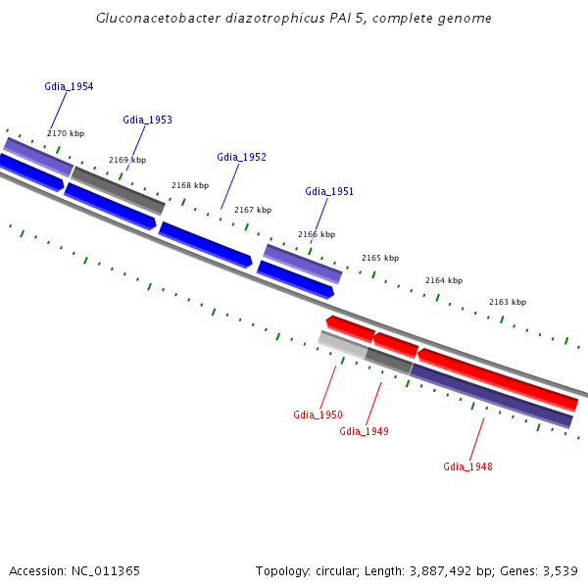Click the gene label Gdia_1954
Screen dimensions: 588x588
[69, 86]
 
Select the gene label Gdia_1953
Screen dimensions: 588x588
[147, 120]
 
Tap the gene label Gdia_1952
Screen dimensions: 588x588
[241, 157]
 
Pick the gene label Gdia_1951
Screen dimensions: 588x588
[329, 191]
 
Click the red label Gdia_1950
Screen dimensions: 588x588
[318, 415]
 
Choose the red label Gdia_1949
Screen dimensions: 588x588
[364, 431]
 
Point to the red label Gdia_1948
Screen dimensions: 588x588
[467, 466]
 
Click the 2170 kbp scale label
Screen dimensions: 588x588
[66, 133]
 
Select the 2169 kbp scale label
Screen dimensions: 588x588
[127, 160]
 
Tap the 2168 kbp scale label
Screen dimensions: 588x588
[190, 185]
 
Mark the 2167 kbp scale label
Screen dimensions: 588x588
[253, 210]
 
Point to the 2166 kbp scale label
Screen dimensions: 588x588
[317, 234]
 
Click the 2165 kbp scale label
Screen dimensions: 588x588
[380, 258]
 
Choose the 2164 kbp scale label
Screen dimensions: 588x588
[444, 280]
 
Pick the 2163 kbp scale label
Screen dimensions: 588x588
[508, 302]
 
